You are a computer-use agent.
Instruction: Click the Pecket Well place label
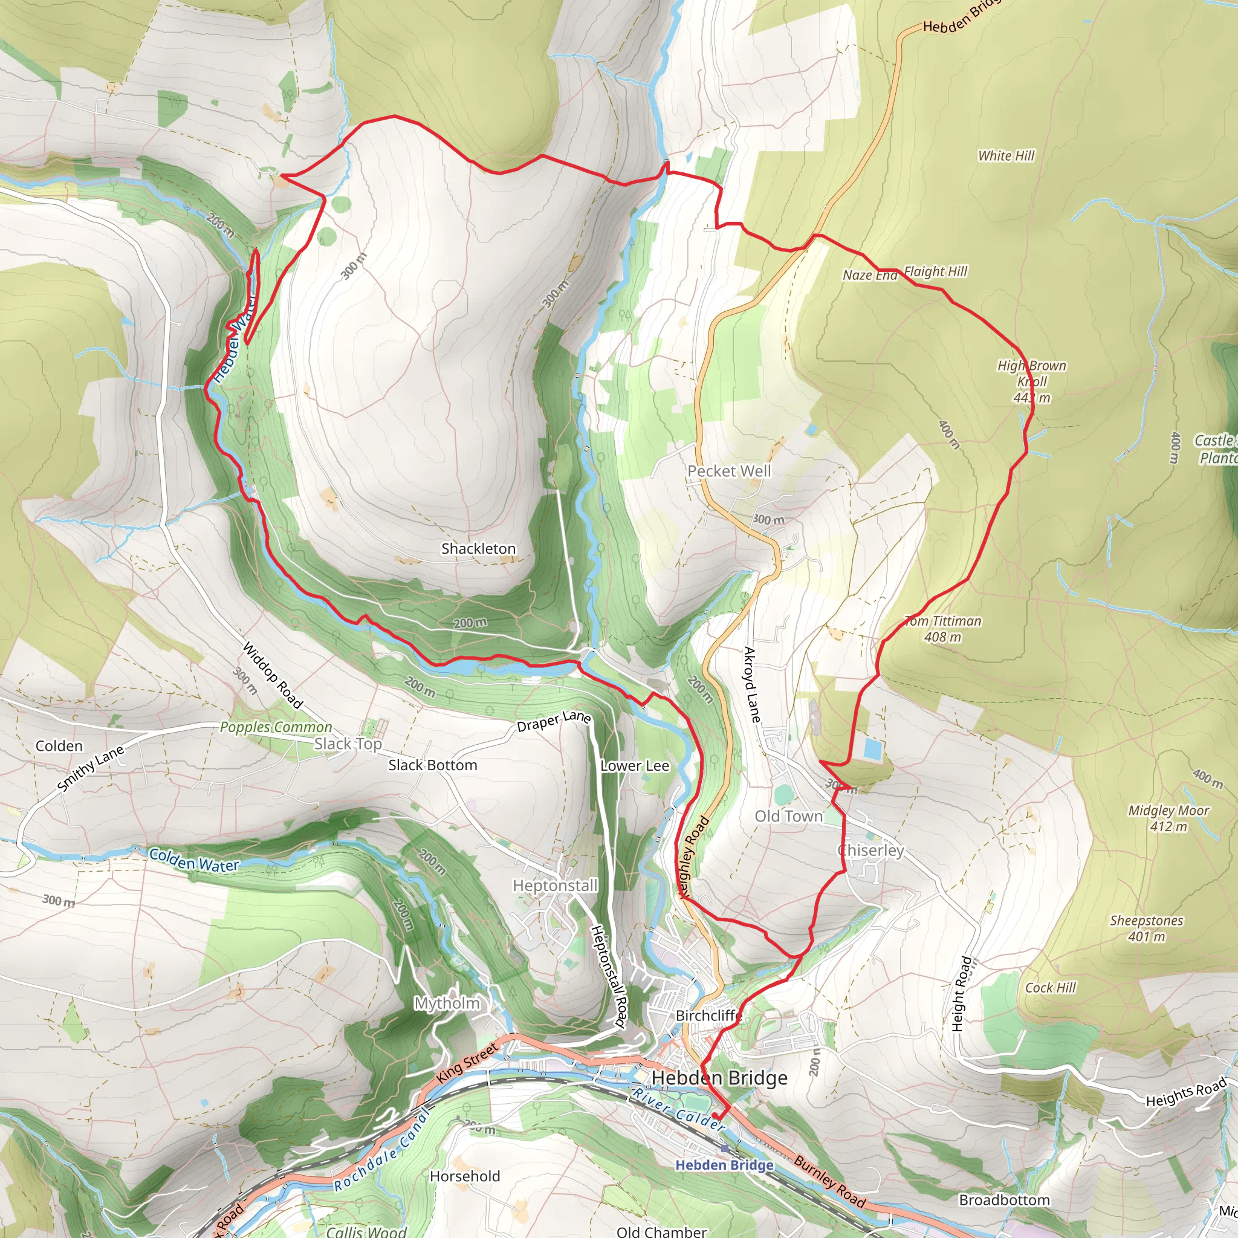coord(729,471)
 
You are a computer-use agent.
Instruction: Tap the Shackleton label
coord(478,548)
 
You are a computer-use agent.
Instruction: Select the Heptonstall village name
coord(555,886)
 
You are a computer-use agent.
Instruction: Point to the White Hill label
coord(1006,156)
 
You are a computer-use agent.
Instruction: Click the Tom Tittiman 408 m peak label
coord(942,629)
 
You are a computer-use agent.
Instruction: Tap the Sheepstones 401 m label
coord(1146,928)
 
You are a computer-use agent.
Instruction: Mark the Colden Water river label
coord(193,860)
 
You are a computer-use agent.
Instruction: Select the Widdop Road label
coord(273,675)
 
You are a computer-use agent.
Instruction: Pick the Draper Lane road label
coord(554,721)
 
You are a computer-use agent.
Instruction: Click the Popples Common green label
coord(276,727)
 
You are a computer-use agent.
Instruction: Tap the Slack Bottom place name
coord(433,765)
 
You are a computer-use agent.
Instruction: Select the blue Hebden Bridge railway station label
coord(724,1164)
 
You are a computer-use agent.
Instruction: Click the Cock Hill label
coord(1050,988)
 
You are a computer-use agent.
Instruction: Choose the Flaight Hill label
coord(936,271)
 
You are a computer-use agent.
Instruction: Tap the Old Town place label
coord(788,816)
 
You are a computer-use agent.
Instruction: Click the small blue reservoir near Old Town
coord(872,748)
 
